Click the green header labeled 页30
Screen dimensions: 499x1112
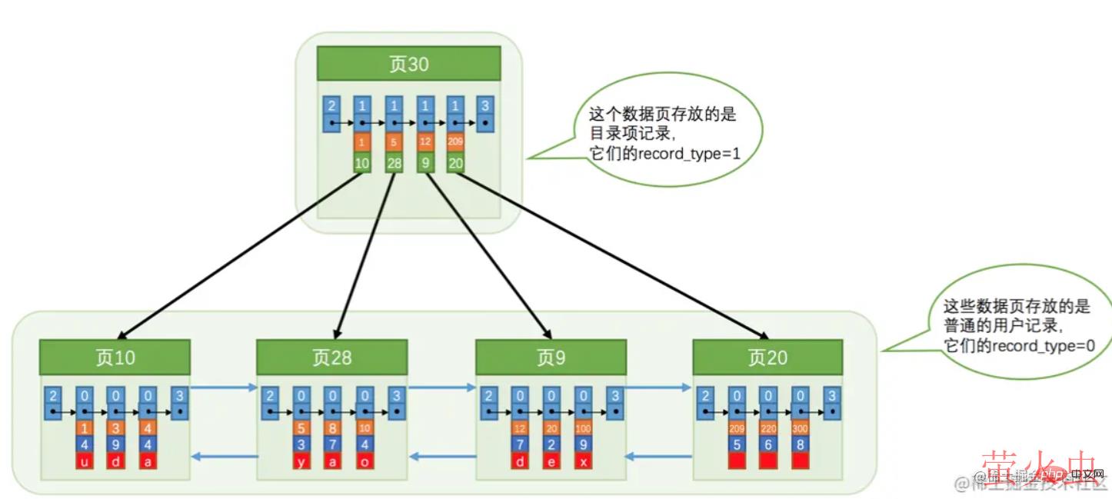408,64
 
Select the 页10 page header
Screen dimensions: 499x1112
115,358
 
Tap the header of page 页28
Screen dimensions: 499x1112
331,358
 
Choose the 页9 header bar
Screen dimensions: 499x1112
550,358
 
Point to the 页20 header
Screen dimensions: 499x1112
767,358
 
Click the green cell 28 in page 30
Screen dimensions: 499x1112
395,162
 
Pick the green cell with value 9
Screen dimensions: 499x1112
425,162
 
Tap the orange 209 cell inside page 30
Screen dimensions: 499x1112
455,142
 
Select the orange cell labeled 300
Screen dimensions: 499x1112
800,427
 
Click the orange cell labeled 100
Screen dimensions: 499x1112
583,427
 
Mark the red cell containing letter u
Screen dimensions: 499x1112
84,461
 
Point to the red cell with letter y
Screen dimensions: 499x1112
301,461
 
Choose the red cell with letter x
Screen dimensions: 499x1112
583,461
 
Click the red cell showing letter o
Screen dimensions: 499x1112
365,461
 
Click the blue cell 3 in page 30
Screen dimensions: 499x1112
484,105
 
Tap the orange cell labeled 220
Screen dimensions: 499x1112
767,427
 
